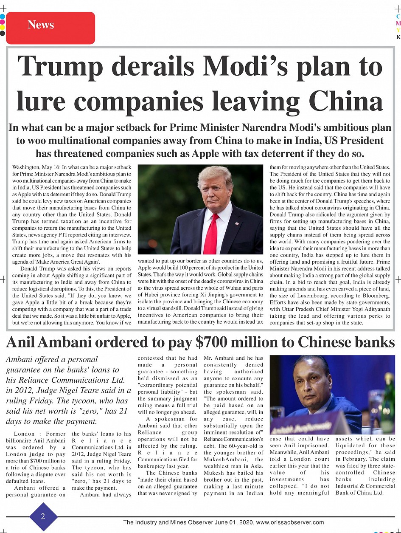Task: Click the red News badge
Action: click(50, 28)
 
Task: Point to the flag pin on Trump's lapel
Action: click(237, 223)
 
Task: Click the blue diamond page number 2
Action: click(43, 516)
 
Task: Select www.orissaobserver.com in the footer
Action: click(290, 522)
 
